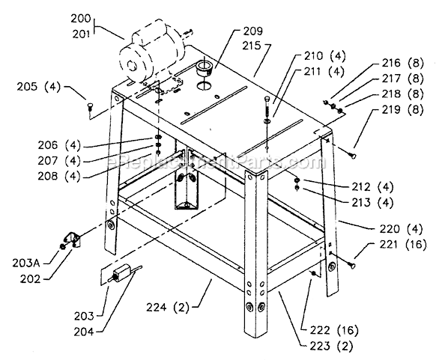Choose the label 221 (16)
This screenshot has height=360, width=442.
(395, 244)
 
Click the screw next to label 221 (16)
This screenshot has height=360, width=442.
(350, 262)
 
